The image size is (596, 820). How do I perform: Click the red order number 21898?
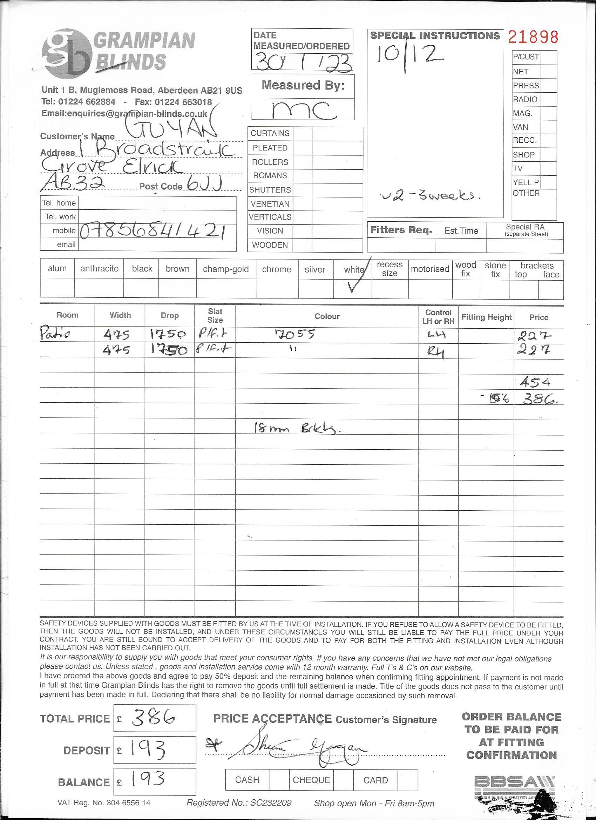(x=533, y=37)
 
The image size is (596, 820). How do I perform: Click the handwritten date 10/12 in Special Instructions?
(x=409, y=55)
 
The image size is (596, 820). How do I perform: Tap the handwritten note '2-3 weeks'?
(x=430, y=196)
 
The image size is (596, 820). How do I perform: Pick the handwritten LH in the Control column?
(x=436, y=335)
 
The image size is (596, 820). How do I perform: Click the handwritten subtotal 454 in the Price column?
(x=535, y=382)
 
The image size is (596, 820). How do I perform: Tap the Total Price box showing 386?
(x=155, y=718)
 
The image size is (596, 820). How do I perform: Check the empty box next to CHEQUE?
(x=343, y=780)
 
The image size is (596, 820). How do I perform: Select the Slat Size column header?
(x=215, y=316)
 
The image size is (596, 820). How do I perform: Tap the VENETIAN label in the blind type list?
(x=270, y=204)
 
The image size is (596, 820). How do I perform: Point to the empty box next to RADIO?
(x=548, y=99)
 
